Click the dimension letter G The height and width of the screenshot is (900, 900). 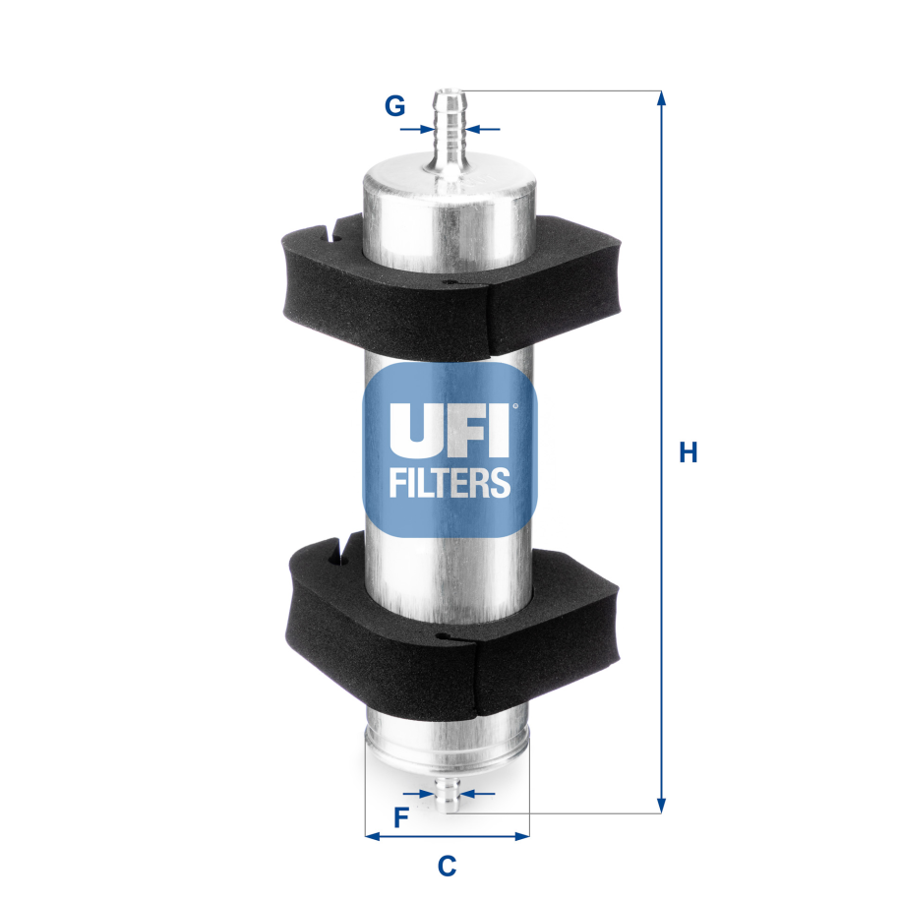[394, 106]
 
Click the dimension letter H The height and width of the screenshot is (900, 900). [689, 452]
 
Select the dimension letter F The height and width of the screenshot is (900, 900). [400, 816]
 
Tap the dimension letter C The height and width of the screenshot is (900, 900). [447, 866]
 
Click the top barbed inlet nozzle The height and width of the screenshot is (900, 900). [450, 128]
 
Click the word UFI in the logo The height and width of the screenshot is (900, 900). [450, 430]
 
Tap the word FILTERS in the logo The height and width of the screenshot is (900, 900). [450, 482]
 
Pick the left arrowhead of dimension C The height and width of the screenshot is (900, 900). [372, 837]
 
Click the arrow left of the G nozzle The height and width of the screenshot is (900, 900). [425, 128]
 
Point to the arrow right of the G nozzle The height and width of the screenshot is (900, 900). [476, 128]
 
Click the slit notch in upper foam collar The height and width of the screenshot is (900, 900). [335, 235]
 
